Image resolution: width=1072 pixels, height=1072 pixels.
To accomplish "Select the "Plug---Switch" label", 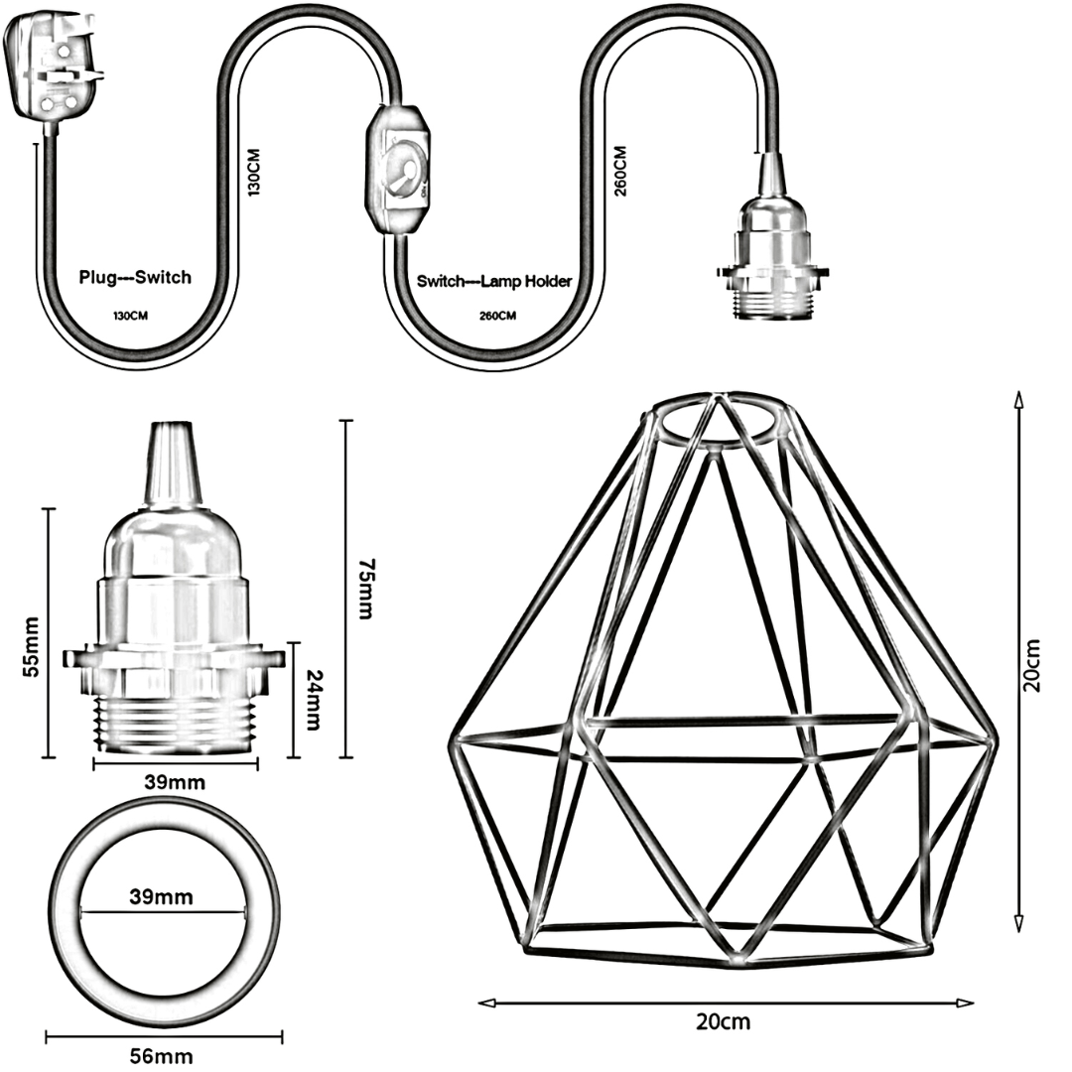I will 135,278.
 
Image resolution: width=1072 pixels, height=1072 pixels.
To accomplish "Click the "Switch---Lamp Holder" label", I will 493,282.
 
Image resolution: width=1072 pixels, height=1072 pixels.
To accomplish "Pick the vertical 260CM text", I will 620,171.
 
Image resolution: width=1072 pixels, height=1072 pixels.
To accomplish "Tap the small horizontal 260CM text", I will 493,316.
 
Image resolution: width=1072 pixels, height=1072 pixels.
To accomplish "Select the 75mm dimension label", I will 364,590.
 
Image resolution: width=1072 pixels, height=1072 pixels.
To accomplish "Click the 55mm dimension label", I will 31,645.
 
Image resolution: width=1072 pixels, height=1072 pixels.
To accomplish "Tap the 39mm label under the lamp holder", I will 175,782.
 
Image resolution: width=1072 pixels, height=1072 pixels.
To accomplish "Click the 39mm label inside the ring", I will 162,897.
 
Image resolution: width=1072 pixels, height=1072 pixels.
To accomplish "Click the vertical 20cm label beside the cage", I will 1033,663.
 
